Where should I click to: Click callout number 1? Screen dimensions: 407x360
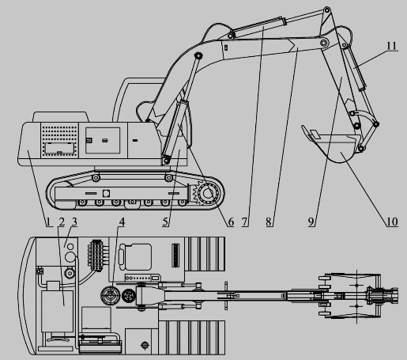pos(47,222)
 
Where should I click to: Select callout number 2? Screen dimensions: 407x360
pos(62,222)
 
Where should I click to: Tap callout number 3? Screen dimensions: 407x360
pos(74,222)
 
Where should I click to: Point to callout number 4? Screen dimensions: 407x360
pos(122,222)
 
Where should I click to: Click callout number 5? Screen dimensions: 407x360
pos(165,222)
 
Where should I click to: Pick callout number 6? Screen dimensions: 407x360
pos(231,222)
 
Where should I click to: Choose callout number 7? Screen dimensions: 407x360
pos(245,222)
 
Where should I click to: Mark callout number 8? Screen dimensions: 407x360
pos(268,222)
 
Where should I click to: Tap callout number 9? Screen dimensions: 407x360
pos(311,222)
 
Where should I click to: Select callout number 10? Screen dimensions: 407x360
pos(392,222)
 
